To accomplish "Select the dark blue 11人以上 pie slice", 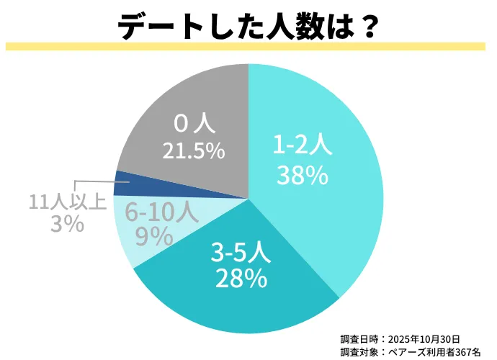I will point(122,184).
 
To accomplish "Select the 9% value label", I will point(153,235).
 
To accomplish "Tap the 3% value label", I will point(66,224).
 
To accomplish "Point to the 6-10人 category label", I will point(160,212).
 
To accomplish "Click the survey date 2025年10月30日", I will point(424,338).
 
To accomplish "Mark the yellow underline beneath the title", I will point(248,47).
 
